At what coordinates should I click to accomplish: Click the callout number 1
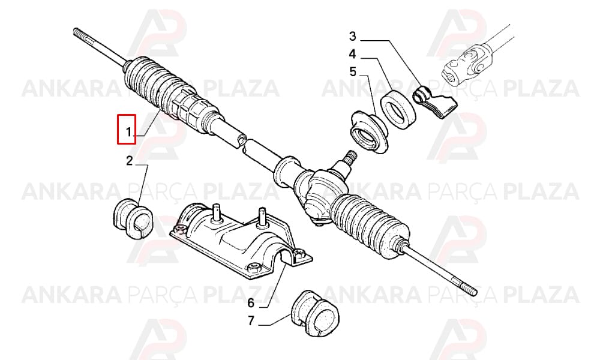(130, 132)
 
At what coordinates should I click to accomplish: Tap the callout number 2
(130, 161)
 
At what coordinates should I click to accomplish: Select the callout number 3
(352, 37)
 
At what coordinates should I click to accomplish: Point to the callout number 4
(352, 54)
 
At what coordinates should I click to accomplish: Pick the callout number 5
(352, 71)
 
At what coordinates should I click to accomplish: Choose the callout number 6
(251, 303)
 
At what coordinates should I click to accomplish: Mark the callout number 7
(251, 320)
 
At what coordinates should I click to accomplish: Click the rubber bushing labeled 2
(133, 218)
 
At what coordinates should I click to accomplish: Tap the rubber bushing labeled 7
(316, 314)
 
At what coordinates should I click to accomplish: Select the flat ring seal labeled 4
(398, 110)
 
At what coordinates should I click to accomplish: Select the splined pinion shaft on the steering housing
(349, 156)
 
